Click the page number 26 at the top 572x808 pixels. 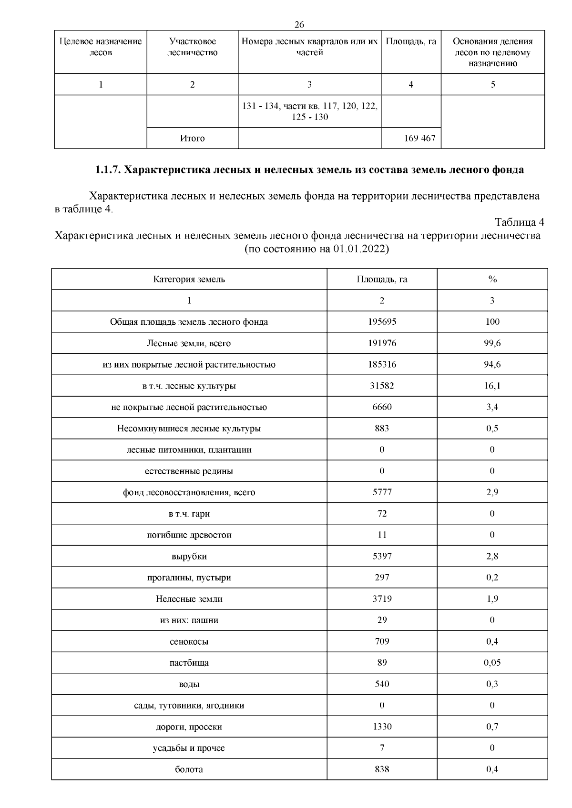299,25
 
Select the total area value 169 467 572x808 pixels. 419,138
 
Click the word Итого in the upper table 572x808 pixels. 192,138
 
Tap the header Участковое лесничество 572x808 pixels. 192,47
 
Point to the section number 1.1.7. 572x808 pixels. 108,170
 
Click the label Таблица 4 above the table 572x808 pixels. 519,222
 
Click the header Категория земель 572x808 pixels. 189,279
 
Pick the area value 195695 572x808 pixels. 382,321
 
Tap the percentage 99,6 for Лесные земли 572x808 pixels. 492,343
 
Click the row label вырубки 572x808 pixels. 189,556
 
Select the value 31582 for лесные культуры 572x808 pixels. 382,386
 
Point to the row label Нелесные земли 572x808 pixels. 189,599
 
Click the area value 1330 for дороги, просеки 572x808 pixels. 382,727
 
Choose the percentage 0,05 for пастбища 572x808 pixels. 492,663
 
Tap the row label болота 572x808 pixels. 189,769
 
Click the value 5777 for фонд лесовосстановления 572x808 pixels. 382,492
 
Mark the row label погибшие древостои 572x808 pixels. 189,535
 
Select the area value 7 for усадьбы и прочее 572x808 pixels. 382,748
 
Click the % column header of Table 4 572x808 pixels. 492,279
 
